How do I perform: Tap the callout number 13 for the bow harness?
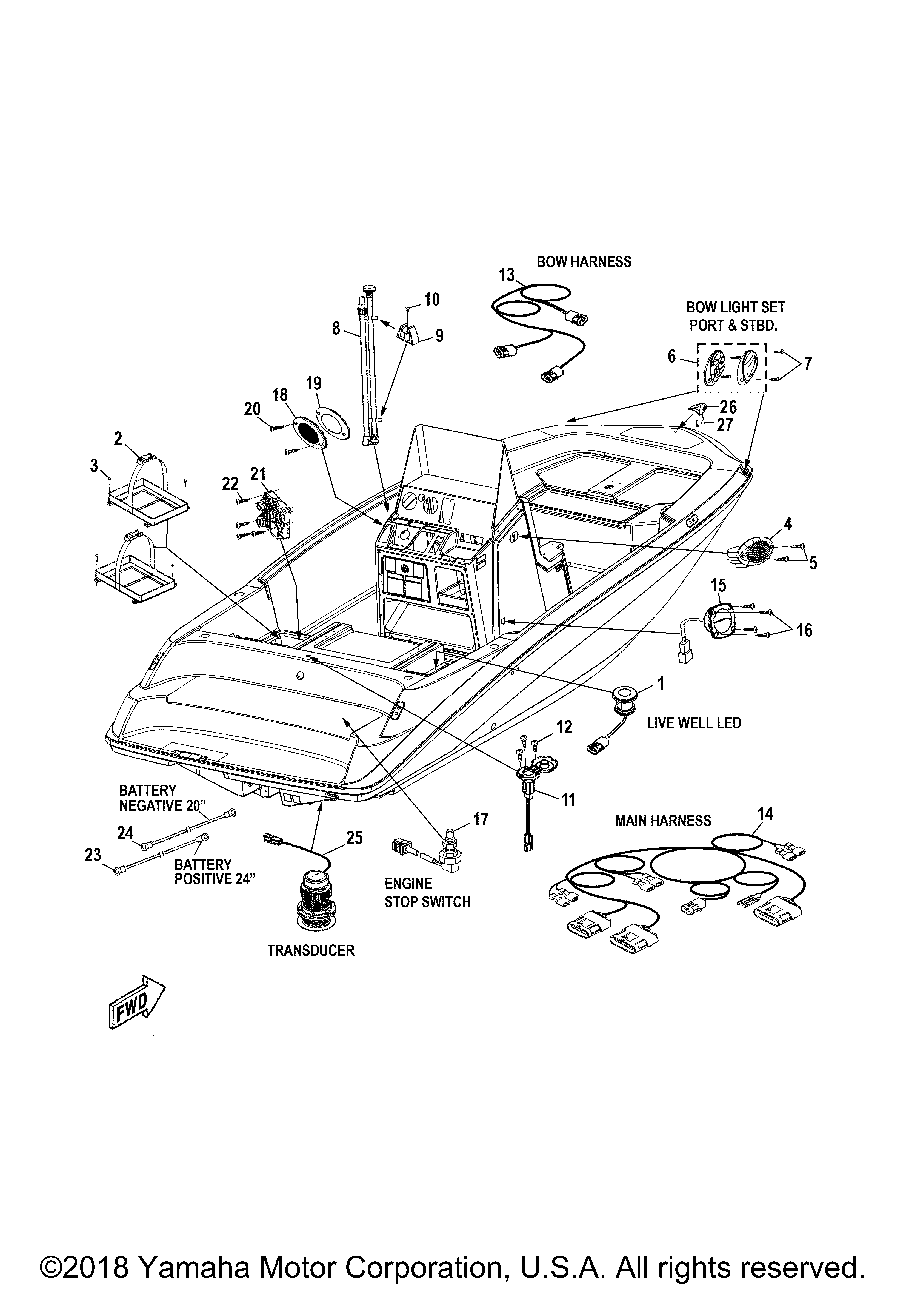tap(507, 275)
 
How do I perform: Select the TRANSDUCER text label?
tap(311, 951)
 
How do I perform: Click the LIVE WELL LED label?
tap(694, 723)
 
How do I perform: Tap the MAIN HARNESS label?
tap(663, 821)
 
